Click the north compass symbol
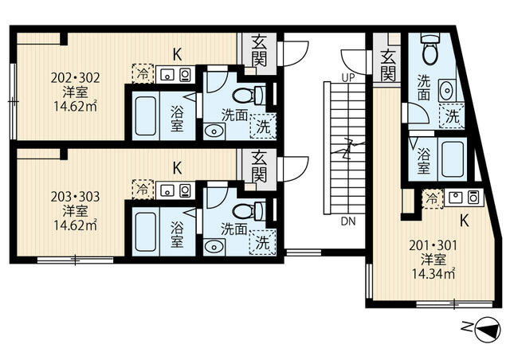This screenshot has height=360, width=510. [488, 330]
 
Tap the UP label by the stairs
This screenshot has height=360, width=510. [348, 78]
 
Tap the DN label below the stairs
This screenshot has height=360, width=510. [348, 221]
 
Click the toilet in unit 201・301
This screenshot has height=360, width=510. [430, 49]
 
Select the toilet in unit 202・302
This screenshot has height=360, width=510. [249, 95]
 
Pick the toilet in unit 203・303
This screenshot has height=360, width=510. [249, 211]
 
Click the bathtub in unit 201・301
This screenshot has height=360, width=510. [452, 159]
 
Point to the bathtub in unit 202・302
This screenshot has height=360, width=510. [145, 116]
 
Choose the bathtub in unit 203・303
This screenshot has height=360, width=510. [145, 232]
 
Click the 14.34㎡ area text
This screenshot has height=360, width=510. [433, 274]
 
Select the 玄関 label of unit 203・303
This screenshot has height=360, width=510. [259, 166]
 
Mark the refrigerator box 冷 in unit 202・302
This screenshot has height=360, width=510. [143, 74]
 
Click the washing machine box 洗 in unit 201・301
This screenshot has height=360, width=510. [452, 116]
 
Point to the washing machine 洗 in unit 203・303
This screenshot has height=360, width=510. [263, 242]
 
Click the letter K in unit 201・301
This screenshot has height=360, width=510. [465, 221]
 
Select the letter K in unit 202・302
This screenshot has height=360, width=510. [177, 55]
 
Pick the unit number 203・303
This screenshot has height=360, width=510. [76, 197]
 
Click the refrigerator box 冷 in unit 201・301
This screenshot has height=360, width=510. [433, 198]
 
